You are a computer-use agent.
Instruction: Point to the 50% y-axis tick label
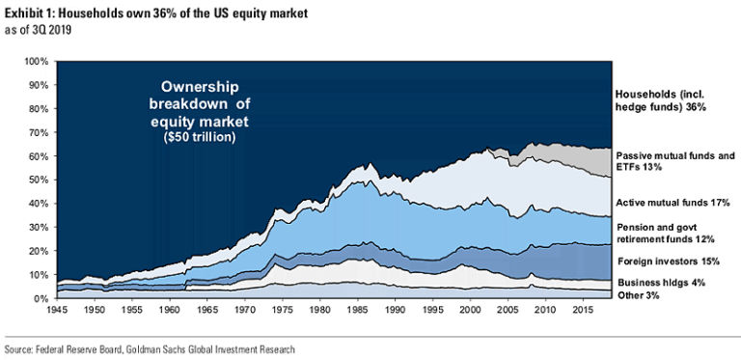[38, 180]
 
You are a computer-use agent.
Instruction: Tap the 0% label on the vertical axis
[41, 298]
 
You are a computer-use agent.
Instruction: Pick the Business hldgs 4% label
[656, 282]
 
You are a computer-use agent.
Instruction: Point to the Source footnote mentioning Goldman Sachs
[150, 348]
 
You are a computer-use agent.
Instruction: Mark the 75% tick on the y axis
[38, 121]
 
